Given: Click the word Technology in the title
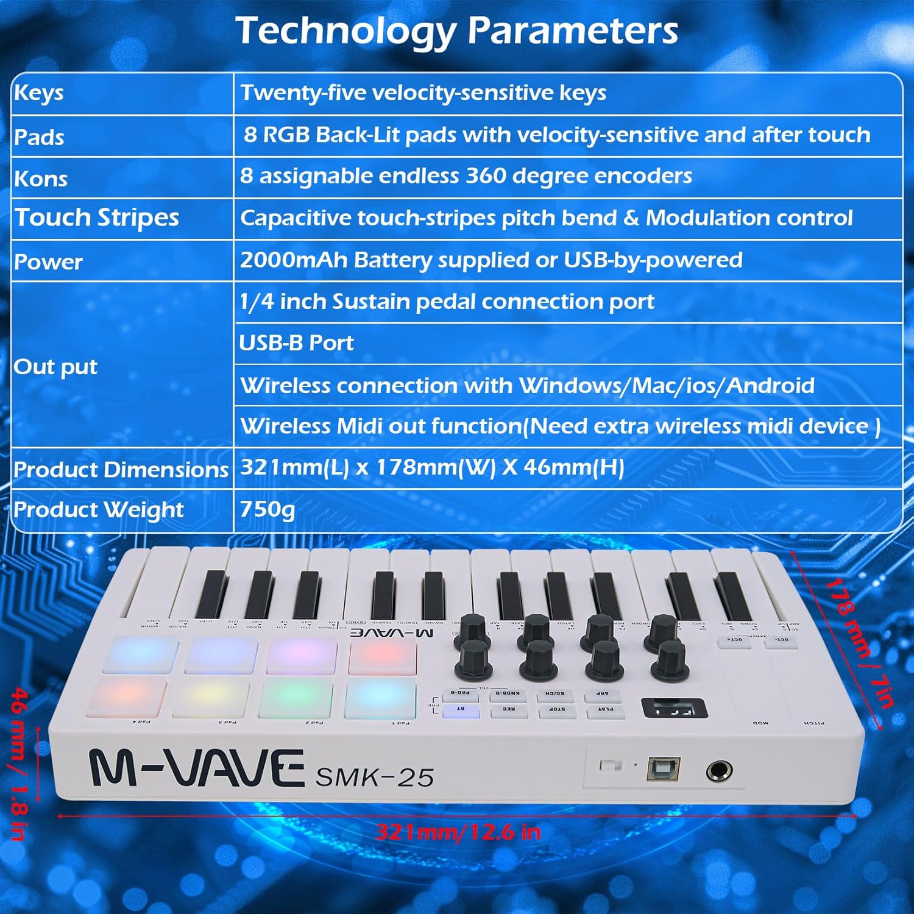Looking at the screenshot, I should pyautogui.click(x=345, y=30).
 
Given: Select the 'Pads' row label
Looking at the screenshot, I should pyautogui.click(x=39, y=136).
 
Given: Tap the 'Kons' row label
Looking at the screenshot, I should pyautogui.click(x=41, y=179).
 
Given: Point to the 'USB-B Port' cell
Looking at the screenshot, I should pyautogui.click(x=296, y=343).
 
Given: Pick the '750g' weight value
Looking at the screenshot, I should pyautogui.click(x=267, y=509).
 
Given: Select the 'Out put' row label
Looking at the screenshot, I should pyautogui.click(x=55, y=367).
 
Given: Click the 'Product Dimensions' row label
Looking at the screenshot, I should pyautogui.click(x=121, y=469).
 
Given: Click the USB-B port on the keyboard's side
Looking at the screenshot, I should pyautogui.click(x=663, y=769).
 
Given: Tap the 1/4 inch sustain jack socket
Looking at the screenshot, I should pyautogui.click(x=719, y=771).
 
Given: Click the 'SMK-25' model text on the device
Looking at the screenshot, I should pyautogui.click(x=374, y=778).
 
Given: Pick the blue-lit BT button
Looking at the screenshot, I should pyautogui.click(x=461, y=710).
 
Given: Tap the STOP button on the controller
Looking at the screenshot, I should pyautogui.click(x=557, y=710).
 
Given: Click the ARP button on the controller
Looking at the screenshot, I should pyautogui.click(x=602, y=694).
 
